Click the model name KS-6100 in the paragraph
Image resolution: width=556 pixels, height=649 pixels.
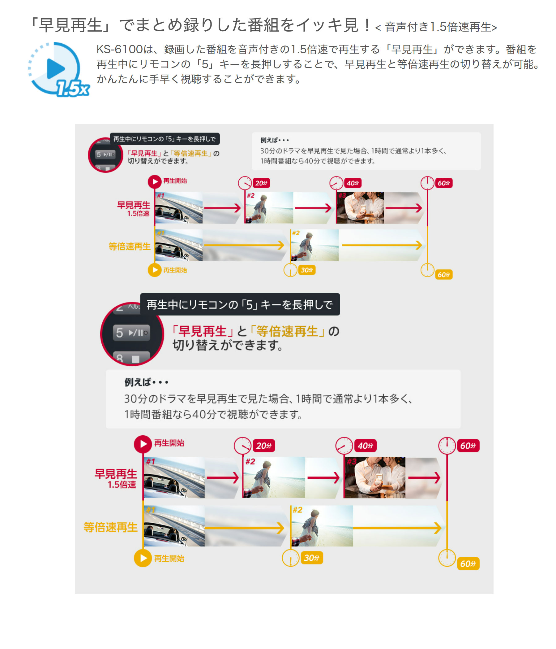pos(119,49)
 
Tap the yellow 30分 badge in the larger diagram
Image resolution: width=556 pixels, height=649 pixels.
pos(311,558)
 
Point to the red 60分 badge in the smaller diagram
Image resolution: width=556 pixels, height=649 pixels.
pos(443,183)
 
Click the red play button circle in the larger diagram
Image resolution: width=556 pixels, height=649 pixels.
pos(143,444)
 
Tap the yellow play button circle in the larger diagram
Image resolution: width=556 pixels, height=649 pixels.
pos(143,558)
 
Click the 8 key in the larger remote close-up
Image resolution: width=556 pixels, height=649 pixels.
pos(131,357)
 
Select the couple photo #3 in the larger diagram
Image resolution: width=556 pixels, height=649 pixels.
pos(374,477)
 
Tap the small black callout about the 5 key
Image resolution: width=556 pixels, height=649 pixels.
pos(165,139)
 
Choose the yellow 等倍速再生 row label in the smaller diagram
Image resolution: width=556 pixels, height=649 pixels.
pos(130,246)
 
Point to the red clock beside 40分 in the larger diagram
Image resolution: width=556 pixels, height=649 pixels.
pos(344,445)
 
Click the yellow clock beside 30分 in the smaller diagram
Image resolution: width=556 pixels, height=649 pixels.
pos(290,270)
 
